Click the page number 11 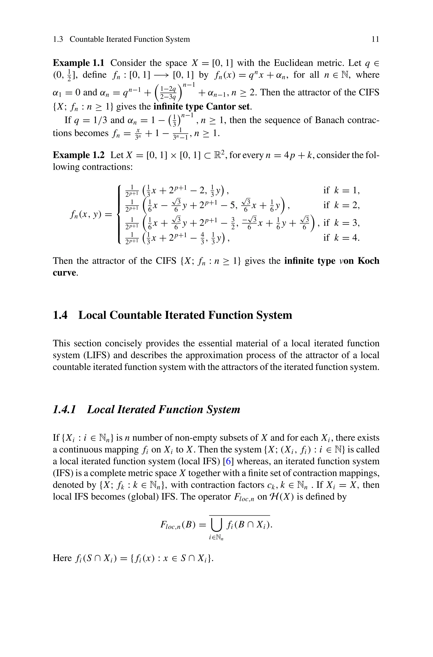(375, 39)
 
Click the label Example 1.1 (78, 63)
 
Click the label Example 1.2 (78, 155)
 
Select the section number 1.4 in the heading (60, 315)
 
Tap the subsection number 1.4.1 (64, 409)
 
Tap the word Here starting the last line (62, 558)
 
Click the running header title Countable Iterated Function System (130, 39)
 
